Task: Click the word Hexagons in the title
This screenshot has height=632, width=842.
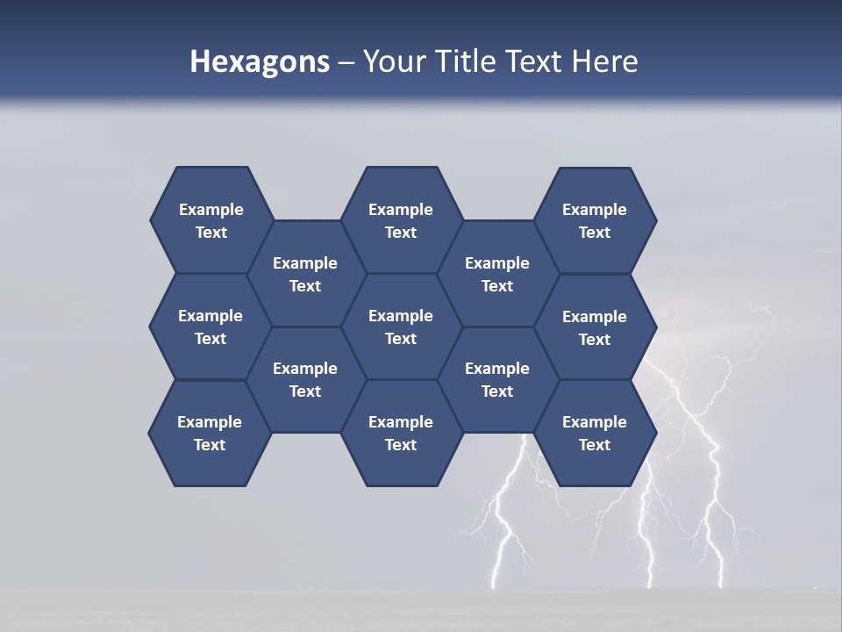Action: pos(260,61)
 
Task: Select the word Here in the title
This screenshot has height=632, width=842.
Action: pos(604,61)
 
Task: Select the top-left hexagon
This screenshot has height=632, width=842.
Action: pos(210,220)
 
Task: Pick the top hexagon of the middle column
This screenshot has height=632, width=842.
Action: pos(401,220)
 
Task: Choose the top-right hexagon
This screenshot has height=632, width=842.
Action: pos(595,220)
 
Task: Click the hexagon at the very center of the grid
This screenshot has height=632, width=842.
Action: pos(401,327)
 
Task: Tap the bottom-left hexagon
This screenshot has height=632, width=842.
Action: pos(210,433)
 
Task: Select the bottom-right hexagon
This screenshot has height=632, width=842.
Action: pos(595,433)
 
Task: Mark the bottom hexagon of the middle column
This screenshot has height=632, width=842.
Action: pos(401,433)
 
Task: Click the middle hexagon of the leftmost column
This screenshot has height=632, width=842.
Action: pos(210,327)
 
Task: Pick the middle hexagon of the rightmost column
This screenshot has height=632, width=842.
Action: pos(595,327)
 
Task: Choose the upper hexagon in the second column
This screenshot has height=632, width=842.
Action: pos(305,274)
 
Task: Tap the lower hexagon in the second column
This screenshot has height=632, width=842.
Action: pos(305,379)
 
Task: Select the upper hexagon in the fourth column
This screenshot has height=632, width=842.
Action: pos(497,274)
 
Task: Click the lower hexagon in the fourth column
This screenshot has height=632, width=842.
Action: pos(497,379)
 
